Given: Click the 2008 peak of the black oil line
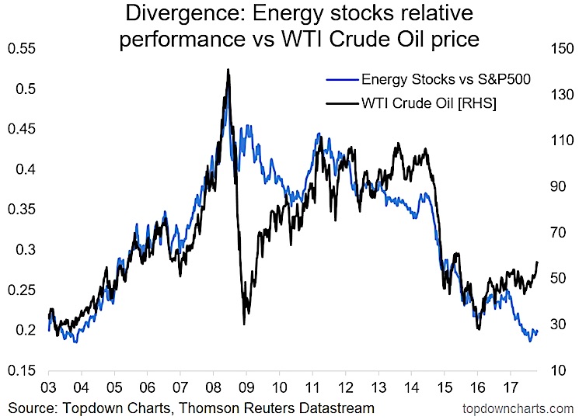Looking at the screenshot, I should pos(228,69).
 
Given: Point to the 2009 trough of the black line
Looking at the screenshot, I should pos(244,324).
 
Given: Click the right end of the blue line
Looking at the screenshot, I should pos(537,331).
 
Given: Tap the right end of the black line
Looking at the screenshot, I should pos(538,262).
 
